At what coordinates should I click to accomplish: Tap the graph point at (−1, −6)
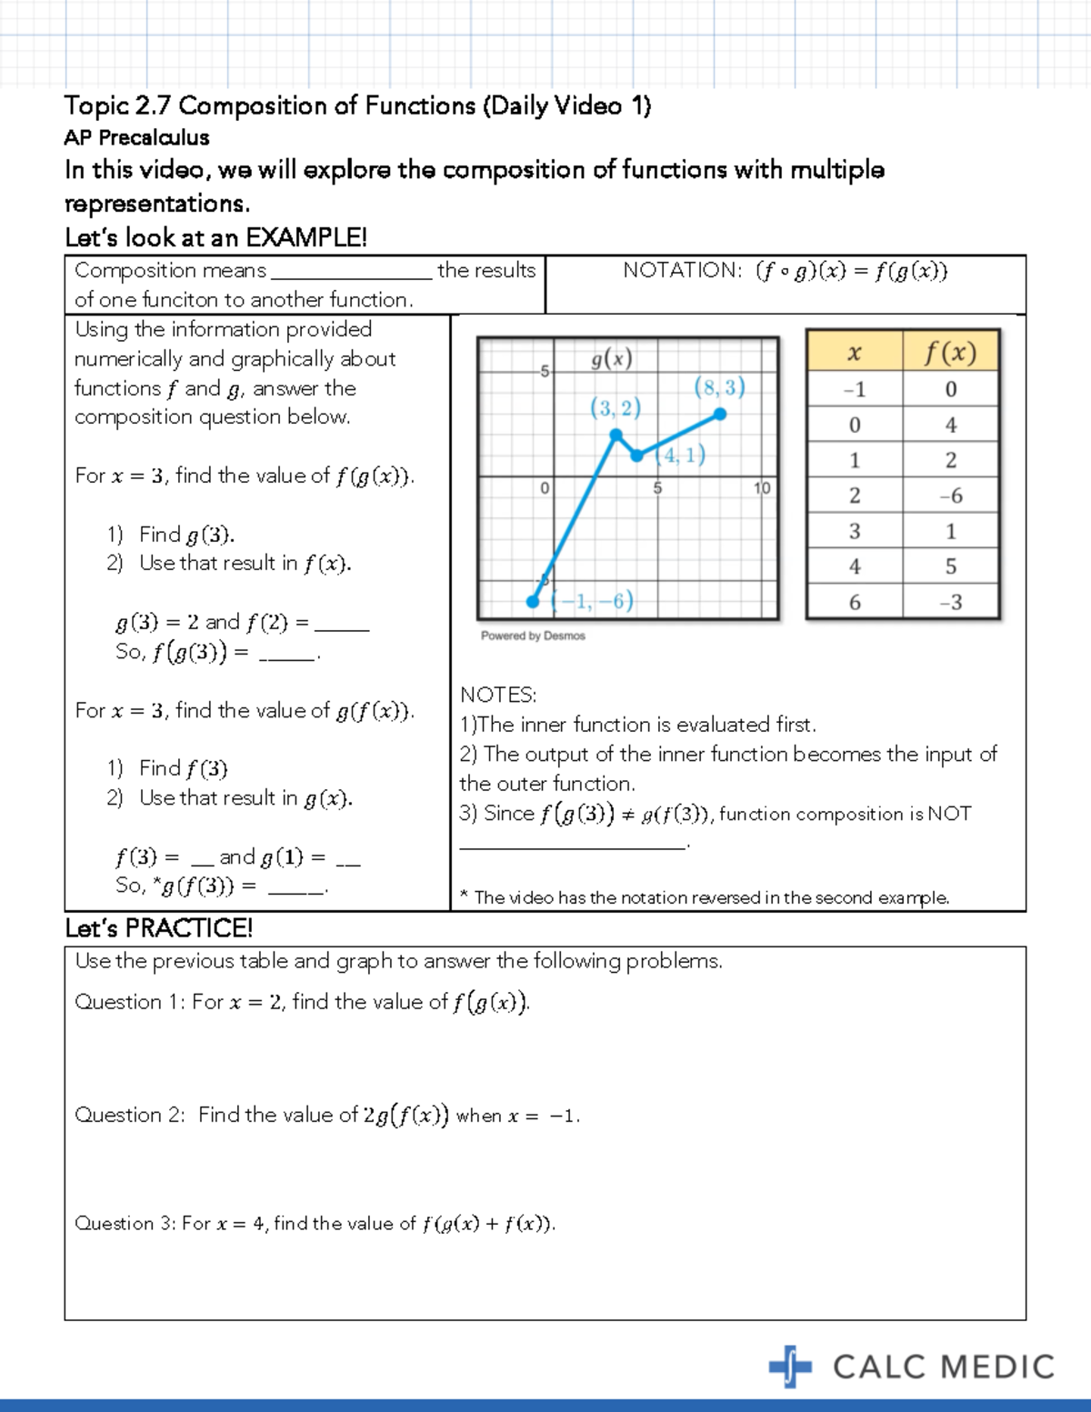click(x=533, y=601)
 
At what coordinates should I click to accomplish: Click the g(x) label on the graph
click(x=611, y=359)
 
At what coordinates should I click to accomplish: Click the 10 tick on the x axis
click(x=762, y=488)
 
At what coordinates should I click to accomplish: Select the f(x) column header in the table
click(x=950, y=352)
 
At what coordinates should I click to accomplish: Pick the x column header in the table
click(x=855, y=352)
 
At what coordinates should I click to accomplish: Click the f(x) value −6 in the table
click(x=950, y=496)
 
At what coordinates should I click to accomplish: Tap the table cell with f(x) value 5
click(x=950, y=566)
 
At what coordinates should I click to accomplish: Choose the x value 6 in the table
click(x=855, y=602)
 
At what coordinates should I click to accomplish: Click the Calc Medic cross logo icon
click(x=789, y=1366)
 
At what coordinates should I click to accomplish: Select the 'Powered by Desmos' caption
click(x=533, y=636)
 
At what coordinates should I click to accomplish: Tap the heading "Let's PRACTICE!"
click(x=158, y=928)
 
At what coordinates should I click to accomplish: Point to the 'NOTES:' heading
click(x=498, y=695)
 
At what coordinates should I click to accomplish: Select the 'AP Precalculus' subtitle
click(x=136, y=137)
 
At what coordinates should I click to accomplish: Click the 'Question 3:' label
click(x=125, y=1224)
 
